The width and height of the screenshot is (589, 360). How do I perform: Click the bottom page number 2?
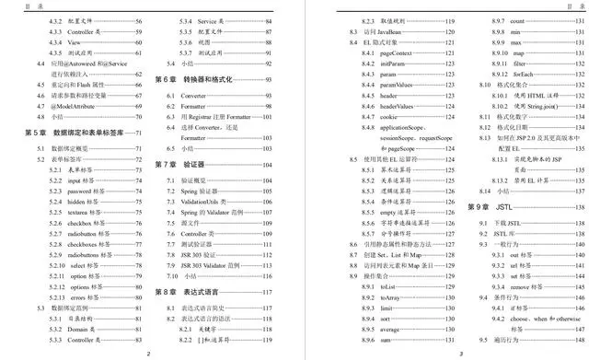tap(149, 352)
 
